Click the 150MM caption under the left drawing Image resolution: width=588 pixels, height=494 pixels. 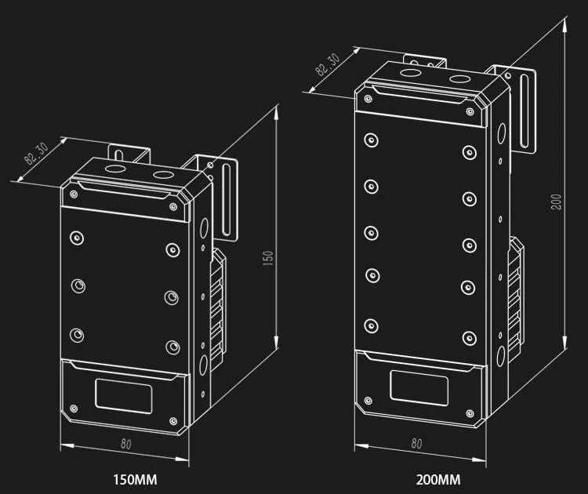pyautogui.click(x=135, y=480)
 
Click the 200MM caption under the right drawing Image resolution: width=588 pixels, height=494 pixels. pyautogui.click(x=438, y=480)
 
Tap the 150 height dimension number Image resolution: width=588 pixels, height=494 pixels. pyautogui.click(x=268, y=259)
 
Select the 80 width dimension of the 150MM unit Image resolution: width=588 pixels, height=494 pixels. pyautogui.click(x=126, y=445)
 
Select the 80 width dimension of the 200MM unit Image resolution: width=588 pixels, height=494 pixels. pyautogui.click(x=416, y=444)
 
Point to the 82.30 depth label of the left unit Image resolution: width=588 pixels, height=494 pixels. pyautogui.click(x=36, y=154)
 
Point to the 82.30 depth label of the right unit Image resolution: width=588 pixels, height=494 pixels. pyautogui.click(x=328, y=64)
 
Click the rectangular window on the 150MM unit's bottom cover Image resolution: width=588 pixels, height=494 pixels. pyautogui.click(x=123, y=396)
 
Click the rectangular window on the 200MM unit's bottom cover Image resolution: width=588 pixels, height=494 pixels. pyautogui.click(x=419, y=388)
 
